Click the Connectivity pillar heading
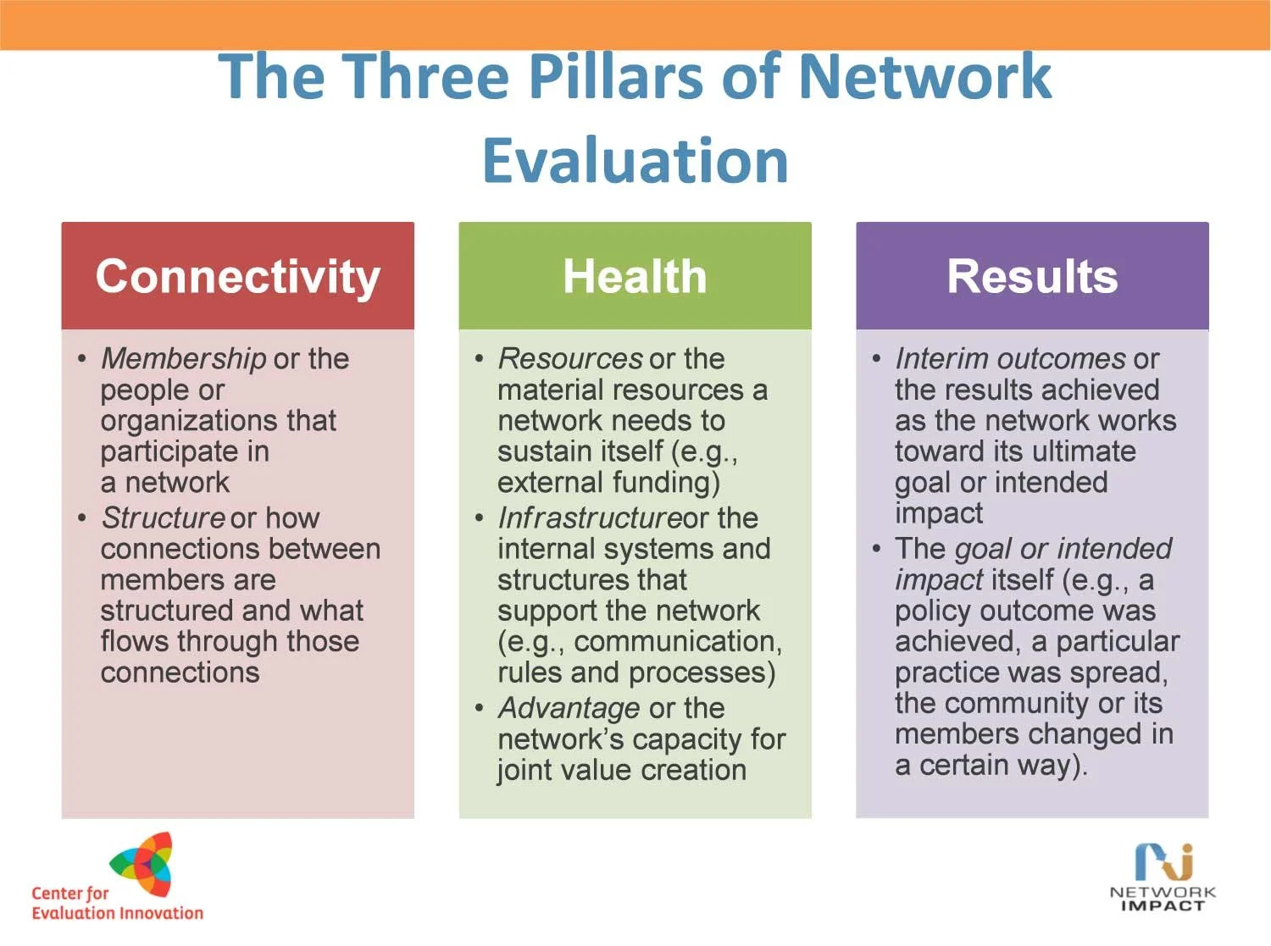pos(237,277)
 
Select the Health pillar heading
pos(635,277)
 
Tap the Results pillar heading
pos(1032,277)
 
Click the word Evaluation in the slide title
pos(635,160)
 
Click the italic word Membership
pos(183,358)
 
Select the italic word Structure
pos(163,517)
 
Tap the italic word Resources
pos(571,358)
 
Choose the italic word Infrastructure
pos(590,517)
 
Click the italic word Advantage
pos(569,707)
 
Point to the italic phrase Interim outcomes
pos(1010,358)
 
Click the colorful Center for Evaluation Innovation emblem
pos(144,864)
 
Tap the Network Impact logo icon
pos(1164,861)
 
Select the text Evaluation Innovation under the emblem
pos(118,913)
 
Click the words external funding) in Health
pos(608,482)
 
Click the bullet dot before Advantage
pos(480,707)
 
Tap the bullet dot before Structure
pos(82,517)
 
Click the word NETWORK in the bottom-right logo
pos(1163,892)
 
